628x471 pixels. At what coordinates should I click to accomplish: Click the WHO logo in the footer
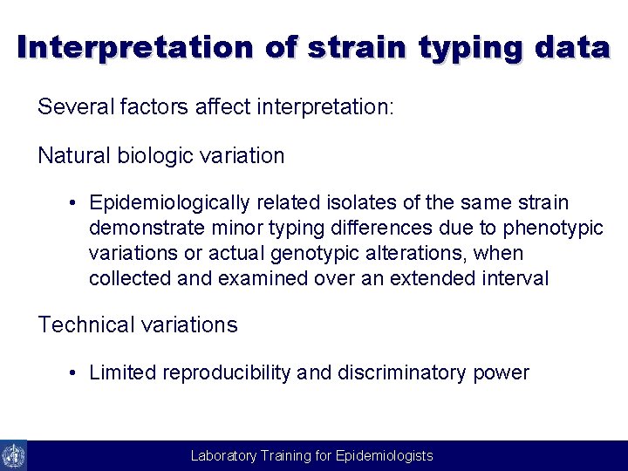(x=13, y=455)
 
